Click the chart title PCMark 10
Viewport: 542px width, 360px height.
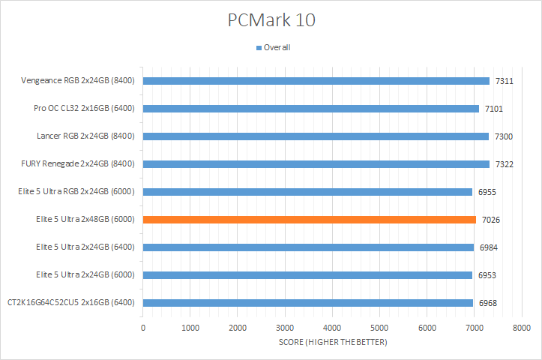coord(271,19)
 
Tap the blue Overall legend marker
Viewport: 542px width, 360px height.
coord(259,48)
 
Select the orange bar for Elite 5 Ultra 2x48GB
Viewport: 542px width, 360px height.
coord(309,220)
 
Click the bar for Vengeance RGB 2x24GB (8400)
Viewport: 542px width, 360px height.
coord(316,81)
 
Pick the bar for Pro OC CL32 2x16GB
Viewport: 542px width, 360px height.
coord(310,109)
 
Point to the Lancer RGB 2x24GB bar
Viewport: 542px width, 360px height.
coord(316,136)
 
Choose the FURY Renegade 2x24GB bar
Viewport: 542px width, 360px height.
coord(316,164)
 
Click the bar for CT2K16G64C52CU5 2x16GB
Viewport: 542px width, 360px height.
coord(307,303)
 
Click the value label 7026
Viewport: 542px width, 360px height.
coord(492,220)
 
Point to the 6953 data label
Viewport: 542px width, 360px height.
coord(488,275)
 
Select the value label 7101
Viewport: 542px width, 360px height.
coord(495,109)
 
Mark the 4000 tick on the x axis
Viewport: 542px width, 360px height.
coord(332,328)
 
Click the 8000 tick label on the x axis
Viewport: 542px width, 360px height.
coord(522,328)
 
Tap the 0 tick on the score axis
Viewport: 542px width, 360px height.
coord(142,328)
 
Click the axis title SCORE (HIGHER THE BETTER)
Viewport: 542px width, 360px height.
coord(332,343)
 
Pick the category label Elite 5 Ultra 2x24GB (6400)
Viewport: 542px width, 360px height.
coord(85,247)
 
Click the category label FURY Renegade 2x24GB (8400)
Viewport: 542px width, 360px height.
coord(79,164)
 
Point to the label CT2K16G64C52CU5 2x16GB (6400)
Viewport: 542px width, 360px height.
coord(71,303)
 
